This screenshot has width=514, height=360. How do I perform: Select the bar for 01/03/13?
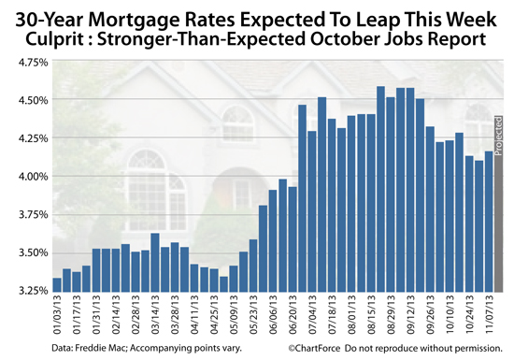(x=57, y=284)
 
